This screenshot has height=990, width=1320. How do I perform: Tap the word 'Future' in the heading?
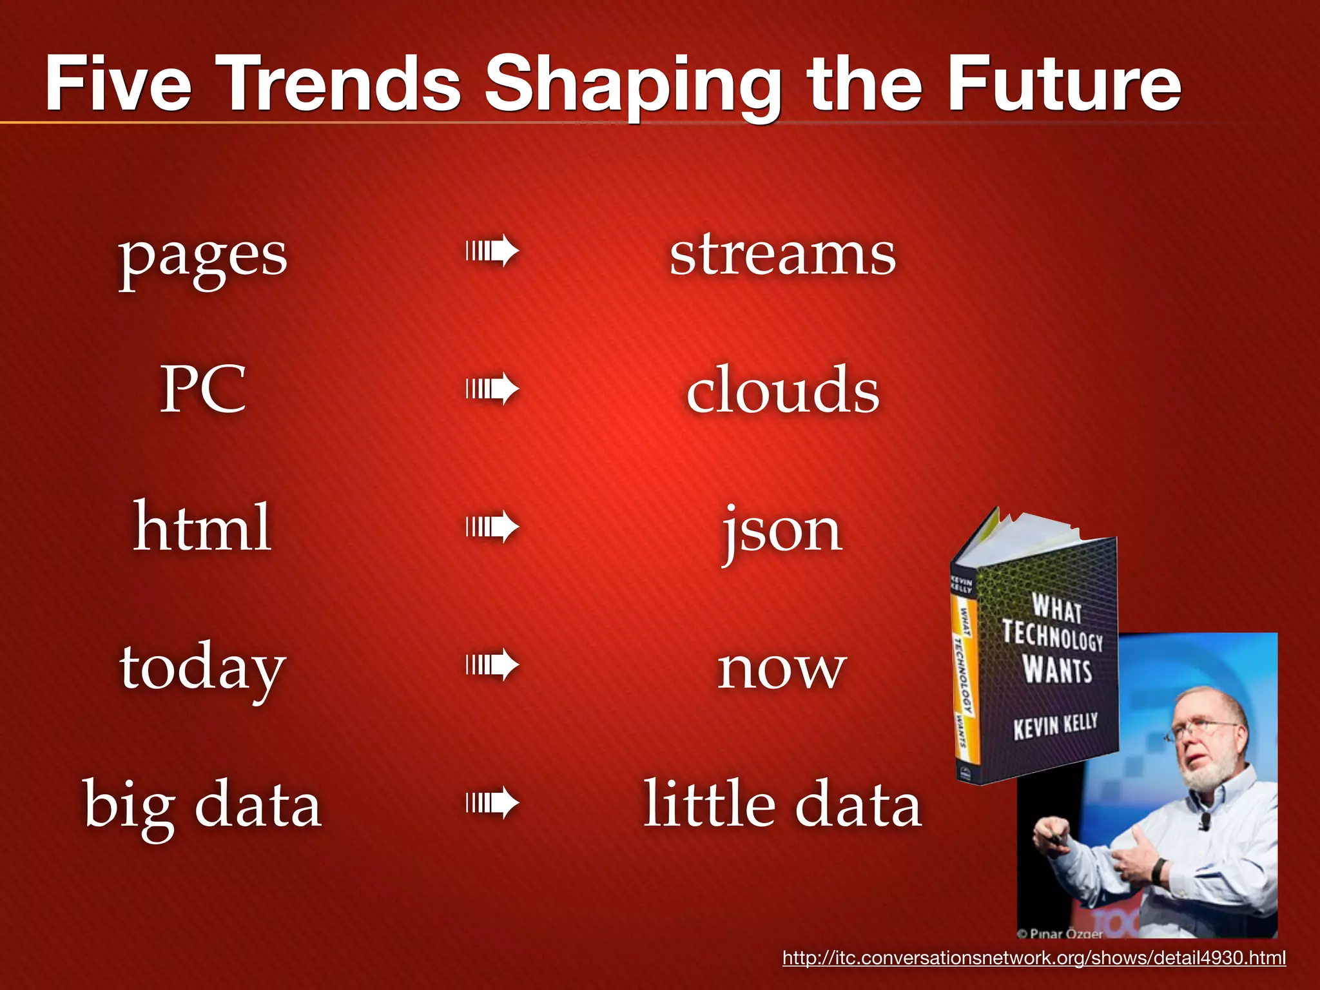point(1064,84)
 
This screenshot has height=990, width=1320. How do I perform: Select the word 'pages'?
point(202,256)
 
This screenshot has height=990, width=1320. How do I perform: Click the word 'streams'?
point(782,255)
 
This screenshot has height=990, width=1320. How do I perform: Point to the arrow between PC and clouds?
point(492,389)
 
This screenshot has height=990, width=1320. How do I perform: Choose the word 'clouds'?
point(782,390)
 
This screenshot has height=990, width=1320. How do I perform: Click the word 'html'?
point(202,527)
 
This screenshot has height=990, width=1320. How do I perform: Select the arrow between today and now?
point(492,665)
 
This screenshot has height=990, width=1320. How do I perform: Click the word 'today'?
point(202,668)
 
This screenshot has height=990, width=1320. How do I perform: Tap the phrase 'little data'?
point(782,804)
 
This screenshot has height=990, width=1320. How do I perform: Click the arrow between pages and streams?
point(492,251)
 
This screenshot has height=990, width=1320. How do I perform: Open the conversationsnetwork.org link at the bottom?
point(1034,958)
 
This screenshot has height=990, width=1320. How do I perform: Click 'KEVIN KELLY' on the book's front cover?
point(1055,726)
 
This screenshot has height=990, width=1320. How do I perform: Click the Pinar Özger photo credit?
point(1061,933)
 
